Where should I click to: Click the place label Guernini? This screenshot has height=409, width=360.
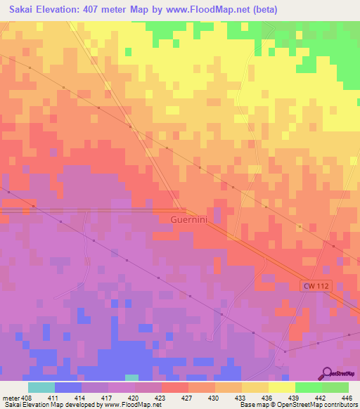click(189, 219)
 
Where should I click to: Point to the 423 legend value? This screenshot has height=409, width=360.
click(167, 397)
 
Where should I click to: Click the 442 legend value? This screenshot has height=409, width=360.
click(321, 397)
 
